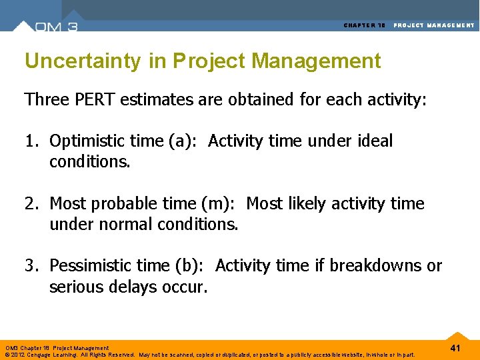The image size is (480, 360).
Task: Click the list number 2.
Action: (x=31, y=203)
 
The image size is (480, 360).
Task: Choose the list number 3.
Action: (x=31, y=266)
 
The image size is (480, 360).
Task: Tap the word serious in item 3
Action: (x=75, y=287)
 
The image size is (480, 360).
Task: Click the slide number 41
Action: (x=455, y=349)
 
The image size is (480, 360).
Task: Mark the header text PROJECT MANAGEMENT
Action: (x=434, y=25)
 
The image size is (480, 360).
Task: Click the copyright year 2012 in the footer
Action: (x=19, y=355)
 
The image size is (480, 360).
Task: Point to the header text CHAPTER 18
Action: (x=365, y=25)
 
